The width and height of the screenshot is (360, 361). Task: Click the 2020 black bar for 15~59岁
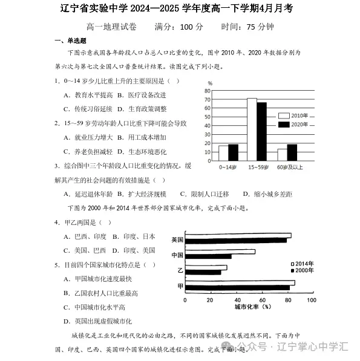[x=262, y=130]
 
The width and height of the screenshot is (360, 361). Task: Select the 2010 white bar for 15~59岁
[x=252, y=128]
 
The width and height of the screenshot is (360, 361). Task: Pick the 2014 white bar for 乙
[x=206, y=267]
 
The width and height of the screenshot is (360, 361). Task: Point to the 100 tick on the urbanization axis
[x=311, y=299]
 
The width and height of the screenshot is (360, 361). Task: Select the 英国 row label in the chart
[x=177, y=239]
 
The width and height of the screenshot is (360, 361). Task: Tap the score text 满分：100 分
[x=178, y=27]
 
